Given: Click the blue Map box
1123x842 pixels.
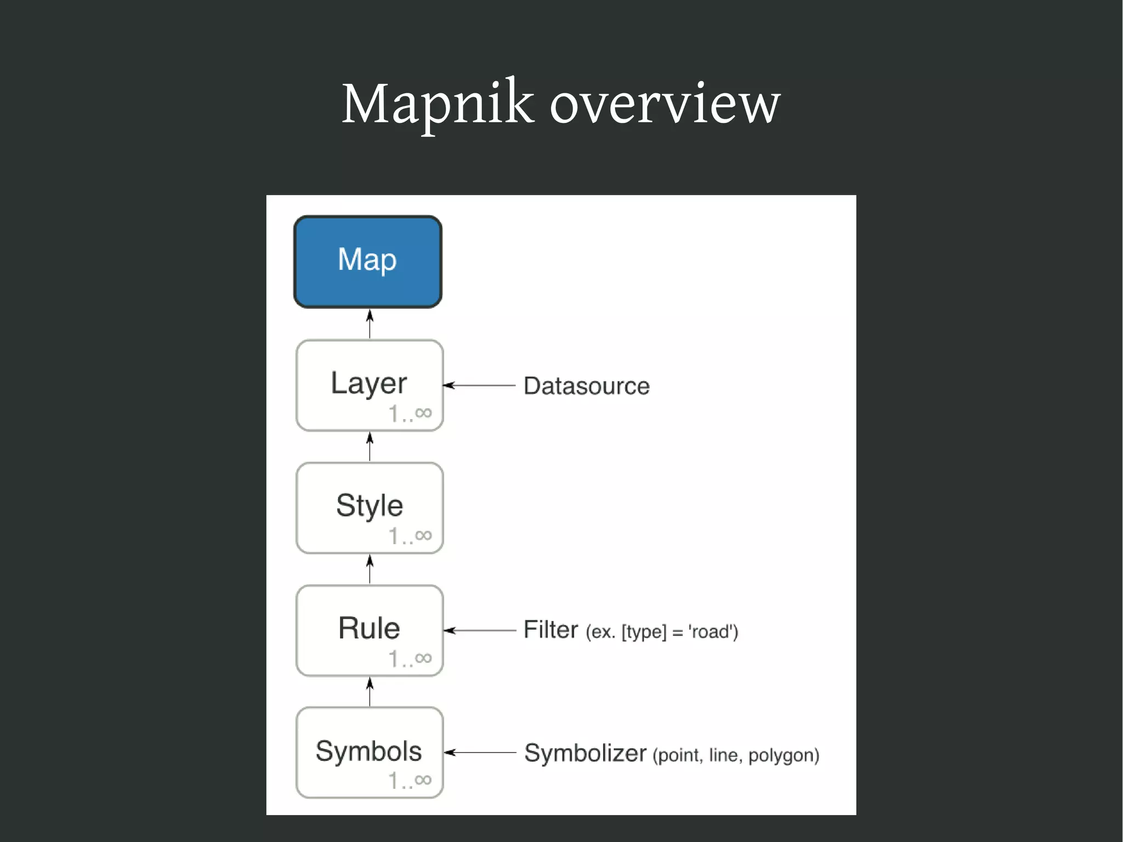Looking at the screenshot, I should click(368, 262).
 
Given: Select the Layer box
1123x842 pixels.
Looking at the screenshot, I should click(369, 385).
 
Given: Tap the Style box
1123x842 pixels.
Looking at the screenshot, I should click(369, 507).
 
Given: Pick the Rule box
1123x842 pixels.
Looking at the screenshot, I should click(369, 630).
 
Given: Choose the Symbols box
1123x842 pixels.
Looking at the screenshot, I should click(369, 752).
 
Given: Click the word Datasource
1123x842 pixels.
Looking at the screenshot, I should click(586, 386).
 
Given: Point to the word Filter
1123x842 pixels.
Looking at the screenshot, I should click(551, 630).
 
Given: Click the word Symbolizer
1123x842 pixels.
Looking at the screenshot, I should click(585, 753).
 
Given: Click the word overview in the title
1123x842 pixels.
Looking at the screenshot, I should click(665, 104).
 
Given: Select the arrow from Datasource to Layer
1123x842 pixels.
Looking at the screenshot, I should click(479, 386).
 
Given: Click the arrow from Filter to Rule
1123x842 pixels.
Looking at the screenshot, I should click(479, 630).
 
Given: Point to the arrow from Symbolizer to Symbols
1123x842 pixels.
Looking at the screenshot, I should click(479, 753).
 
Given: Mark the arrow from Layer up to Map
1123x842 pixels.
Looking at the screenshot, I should click(370, 324).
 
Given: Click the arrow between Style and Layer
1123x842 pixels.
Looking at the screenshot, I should click(370, 447).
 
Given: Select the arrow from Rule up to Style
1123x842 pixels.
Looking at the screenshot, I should click(370, 569).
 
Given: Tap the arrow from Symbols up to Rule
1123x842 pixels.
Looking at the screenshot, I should click(370, 691).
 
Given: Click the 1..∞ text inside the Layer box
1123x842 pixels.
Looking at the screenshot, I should click(410, 414).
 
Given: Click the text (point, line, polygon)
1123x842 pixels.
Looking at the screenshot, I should click(735, 755).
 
